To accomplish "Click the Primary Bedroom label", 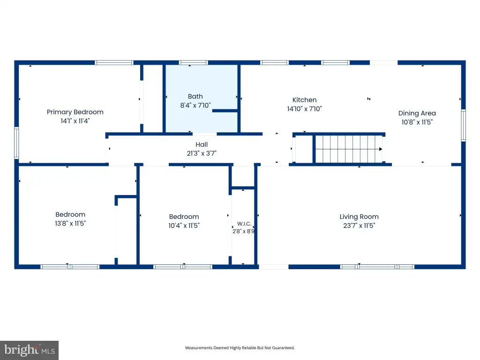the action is click(x=75, y=112).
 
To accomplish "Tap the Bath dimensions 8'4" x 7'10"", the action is click(x=195, y=105).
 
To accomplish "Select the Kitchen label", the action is click(x=304, y=100).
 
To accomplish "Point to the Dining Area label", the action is click(x=417, y=113).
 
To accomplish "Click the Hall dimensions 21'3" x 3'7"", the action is click(x=202, y=153).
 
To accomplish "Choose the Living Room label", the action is click(x=359, y=217).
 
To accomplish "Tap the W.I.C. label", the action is click(x=244, y=224).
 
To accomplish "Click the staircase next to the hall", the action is click(x=348, y=149).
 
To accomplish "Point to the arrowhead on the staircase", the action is click(x=381, y=149).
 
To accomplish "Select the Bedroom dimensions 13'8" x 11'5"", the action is click(x=70, y=224).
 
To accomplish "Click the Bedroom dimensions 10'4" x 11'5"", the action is click(x=184, y=225).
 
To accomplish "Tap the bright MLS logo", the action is click(x=30, y=350).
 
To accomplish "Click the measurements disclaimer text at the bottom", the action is click(x=240, y=348).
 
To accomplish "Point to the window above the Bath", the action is click(x=194, y=62).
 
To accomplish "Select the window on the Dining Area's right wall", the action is click(x=464, y=125).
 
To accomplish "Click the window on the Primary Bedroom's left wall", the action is click(x=16, y=143).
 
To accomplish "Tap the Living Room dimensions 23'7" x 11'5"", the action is click(x=359, y=225).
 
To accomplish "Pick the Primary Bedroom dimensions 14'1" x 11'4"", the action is click(x=75, y=121).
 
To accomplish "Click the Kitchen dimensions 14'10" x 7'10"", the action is click(x=304, y=109).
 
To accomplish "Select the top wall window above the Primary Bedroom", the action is click(x=114, y=62).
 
